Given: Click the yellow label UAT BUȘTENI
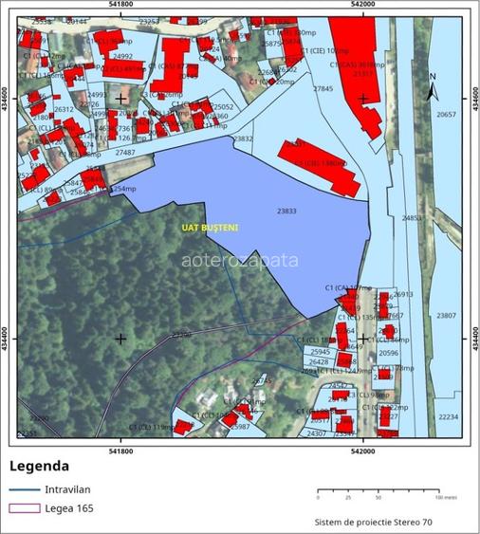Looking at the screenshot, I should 210,228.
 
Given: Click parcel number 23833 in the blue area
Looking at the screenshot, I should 287,212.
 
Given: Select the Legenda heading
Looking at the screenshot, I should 39,466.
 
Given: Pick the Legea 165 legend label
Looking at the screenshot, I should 68,509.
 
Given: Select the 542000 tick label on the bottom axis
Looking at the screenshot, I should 364,451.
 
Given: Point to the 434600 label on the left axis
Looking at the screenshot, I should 7,99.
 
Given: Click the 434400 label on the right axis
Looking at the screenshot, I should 474,338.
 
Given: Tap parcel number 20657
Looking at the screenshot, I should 446,114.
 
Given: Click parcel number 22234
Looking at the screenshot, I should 448,416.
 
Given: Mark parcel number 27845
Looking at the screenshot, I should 323,88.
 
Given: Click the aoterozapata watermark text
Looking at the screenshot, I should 239,259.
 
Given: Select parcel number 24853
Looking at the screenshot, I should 413,218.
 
